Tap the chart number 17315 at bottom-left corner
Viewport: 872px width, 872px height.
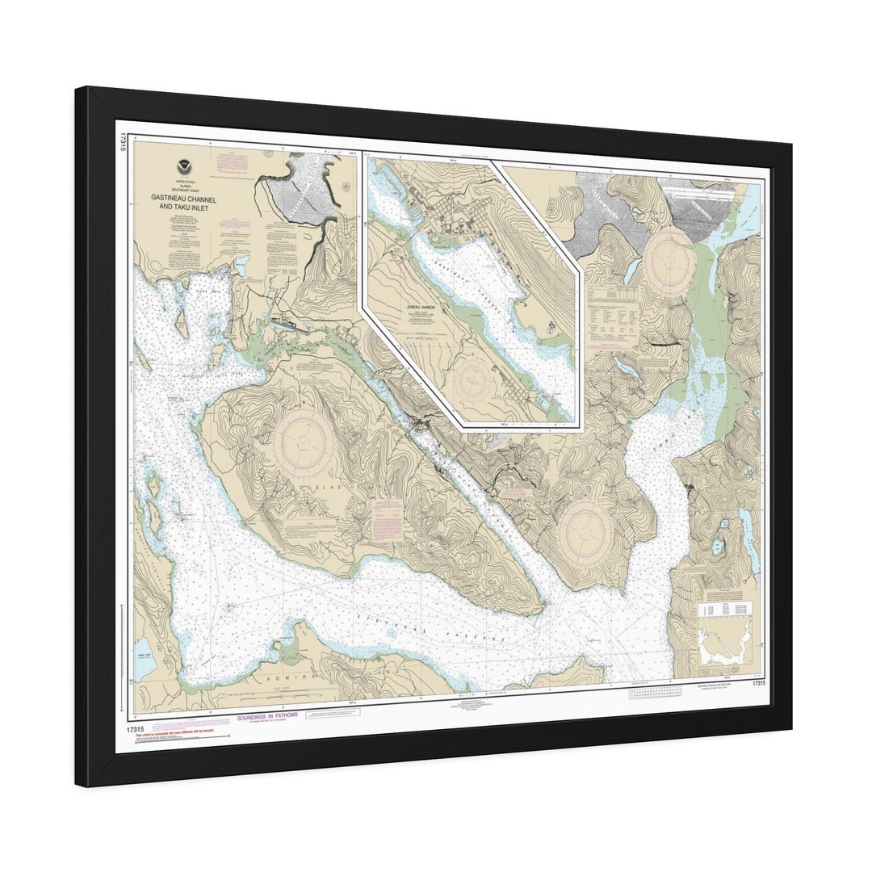click(x=136, y=730)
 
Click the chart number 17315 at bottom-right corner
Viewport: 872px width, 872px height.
click(x=757, y=684)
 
